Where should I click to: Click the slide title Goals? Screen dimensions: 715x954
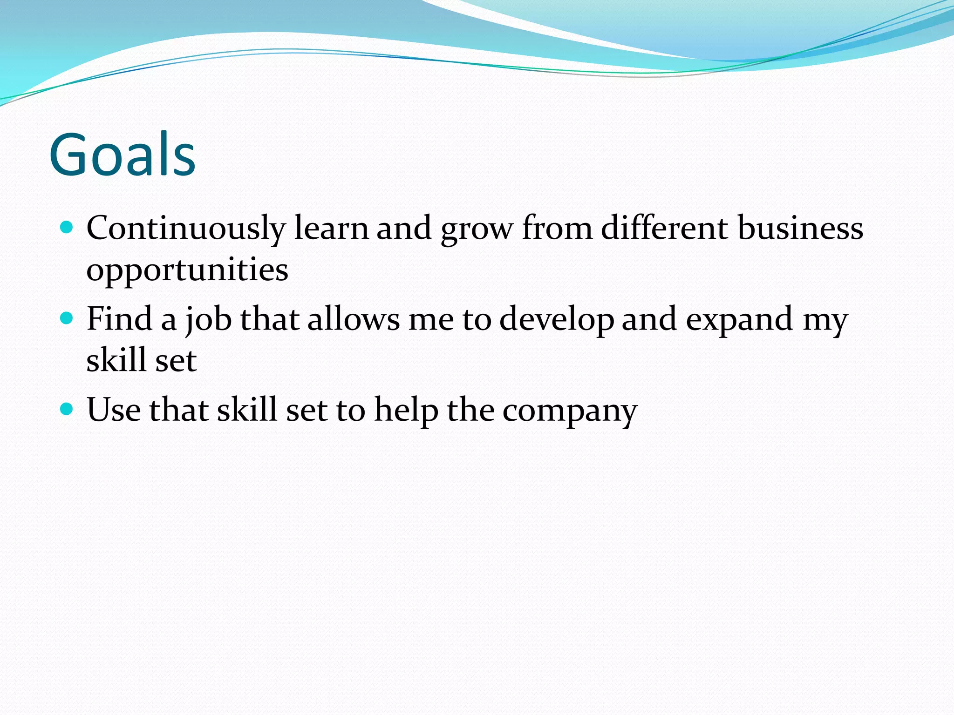122,155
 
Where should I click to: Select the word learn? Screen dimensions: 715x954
331,228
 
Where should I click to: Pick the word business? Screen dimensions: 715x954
800,228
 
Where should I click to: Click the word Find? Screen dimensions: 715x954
120,319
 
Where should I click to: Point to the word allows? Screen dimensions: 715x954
354,319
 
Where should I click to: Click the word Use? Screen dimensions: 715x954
114,410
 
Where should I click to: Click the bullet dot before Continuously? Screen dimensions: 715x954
67,228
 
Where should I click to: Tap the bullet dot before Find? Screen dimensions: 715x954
67,318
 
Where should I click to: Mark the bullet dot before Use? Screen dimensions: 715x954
67,409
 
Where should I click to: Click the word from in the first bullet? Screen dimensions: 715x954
557,228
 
